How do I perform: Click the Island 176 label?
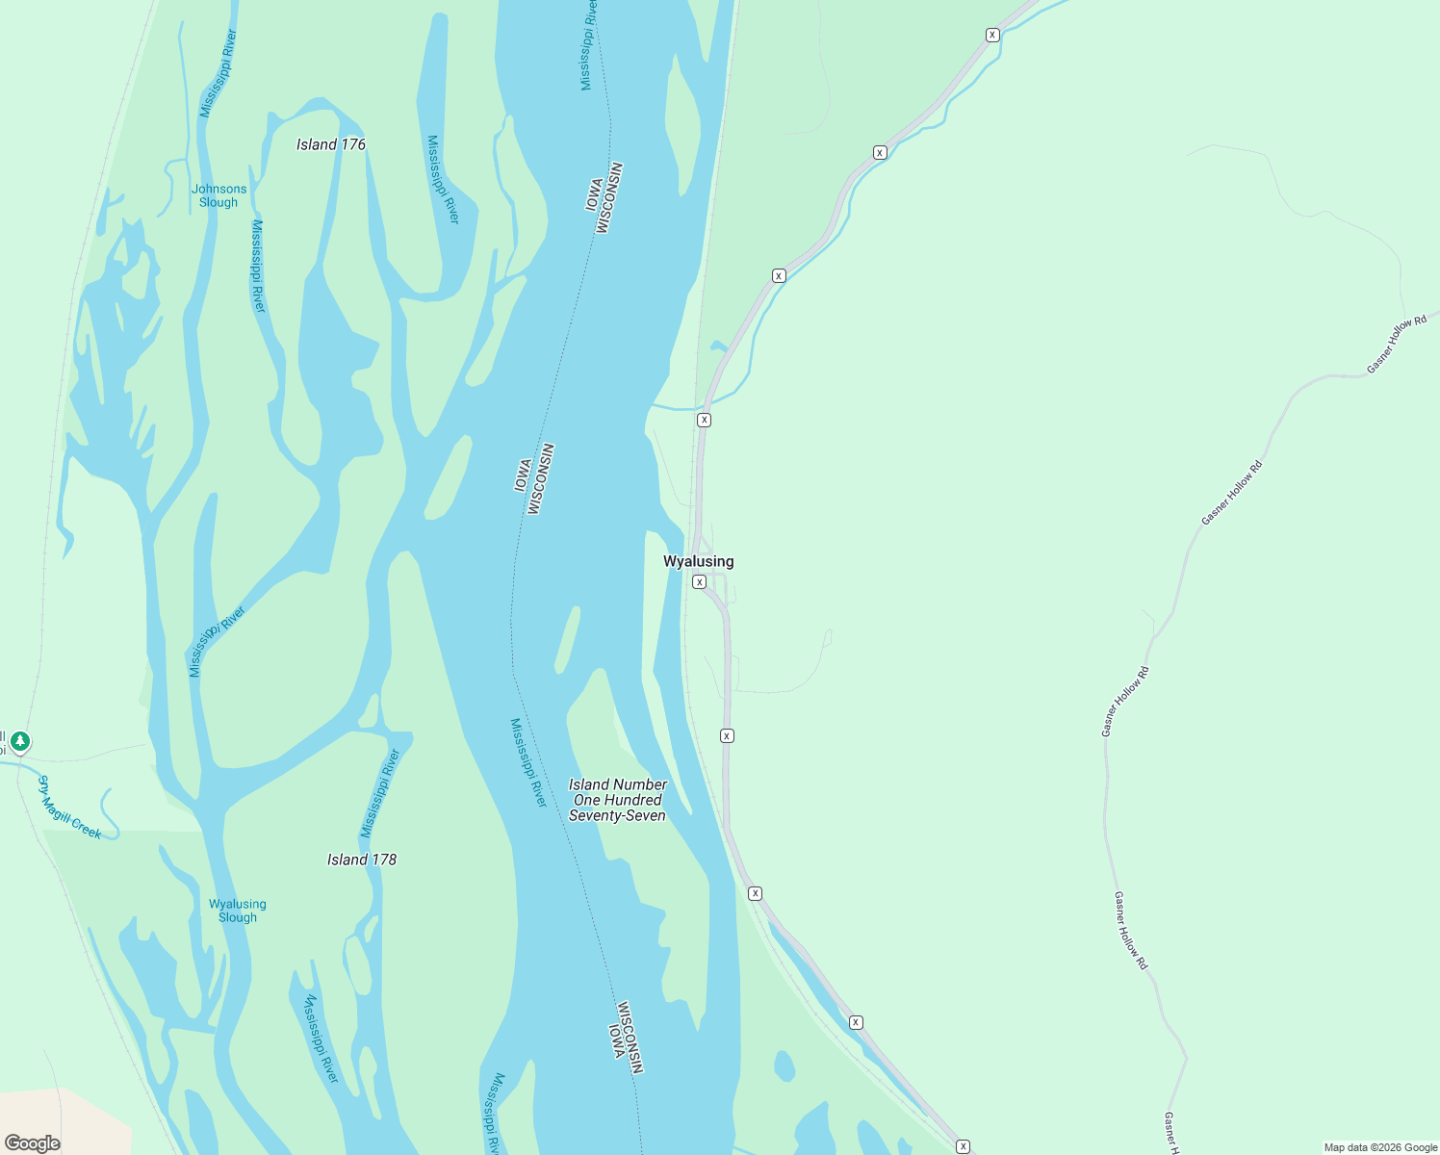(330, 144)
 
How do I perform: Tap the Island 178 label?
(361, 860)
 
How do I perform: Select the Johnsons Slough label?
(219, 195)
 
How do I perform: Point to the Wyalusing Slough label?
(237, 911)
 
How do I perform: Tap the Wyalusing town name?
(698, 561)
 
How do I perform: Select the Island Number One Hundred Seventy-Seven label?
(617, 800)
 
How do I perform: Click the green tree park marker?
(20, 742)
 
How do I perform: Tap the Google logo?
(32, 1142)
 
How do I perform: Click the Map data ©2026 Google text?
(1379, 1147)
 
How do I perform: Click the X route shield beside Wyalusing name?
(700, 582)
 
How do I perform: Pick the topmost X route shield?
(992, 35)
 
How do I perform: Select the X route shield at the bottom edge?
(963, 1146)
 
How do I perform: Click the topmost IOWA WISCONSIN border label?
(604, 198)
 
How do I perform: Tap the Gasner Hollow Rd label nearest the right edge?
(1397, 344)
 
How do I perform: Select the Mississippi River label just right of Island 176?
(444, 179)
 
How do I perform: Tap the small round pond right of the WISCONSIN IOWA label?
(784, 1066)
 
